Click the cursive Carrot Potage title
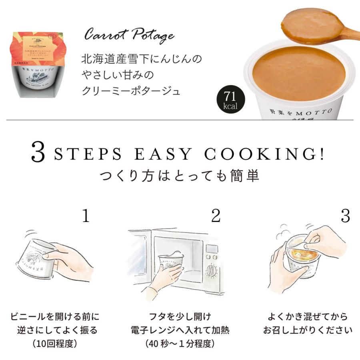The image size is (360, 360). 129,36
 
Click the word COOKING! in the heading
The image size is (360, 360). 264,154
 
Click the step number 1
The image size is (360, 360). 85,216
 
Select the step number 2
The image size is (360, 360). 216,216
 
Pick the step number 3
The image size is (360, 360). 345,216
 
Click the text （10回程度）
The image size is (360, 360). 54,344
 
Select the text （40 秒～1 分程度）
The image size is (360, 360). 180,344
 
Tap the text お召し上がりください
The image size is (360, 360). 308,330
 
